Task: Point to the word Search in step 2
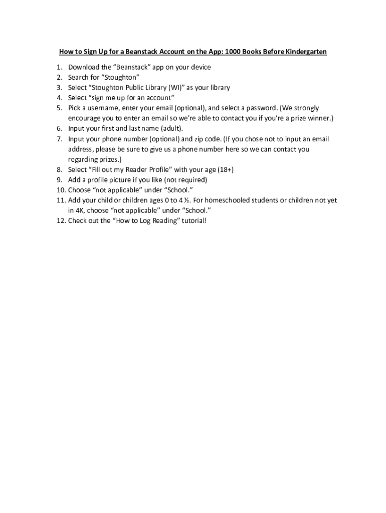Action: click(x=78, y=77)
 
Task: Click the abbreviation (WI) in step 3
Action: click(x=174, y=88)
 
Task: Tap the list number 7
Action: click(x=60, y=139)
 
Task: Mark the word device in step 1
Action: click(x=198, y=67)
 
